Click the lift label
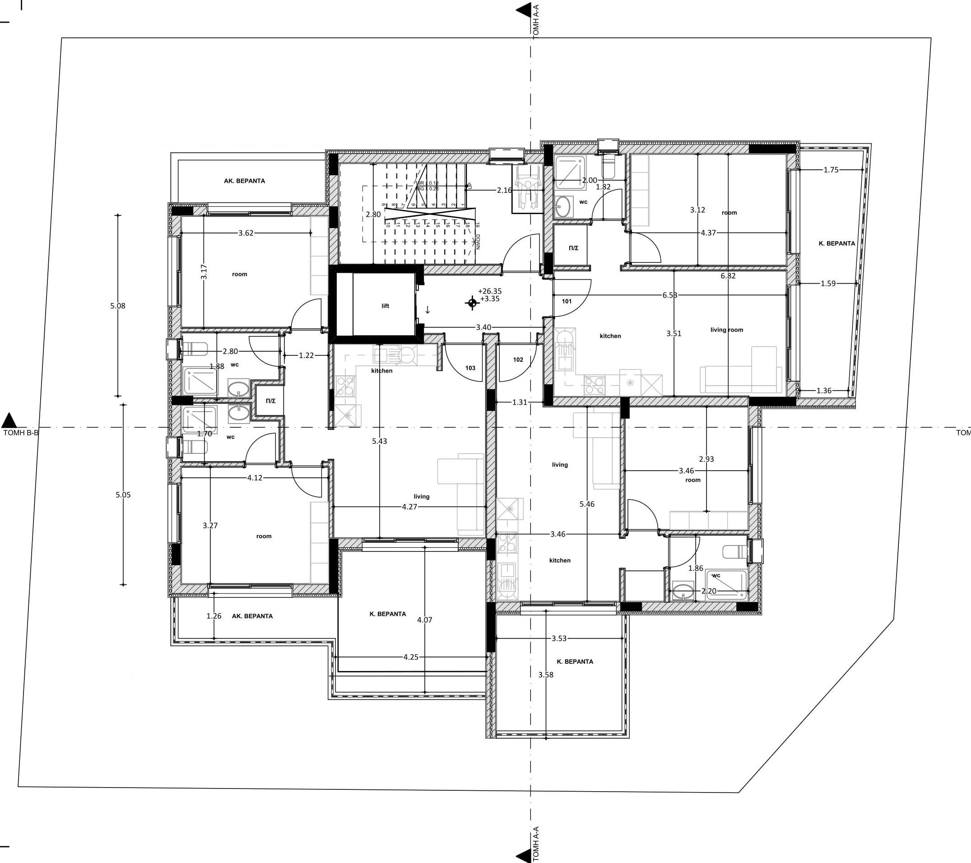click(385, 306)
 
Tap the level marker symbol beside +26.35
click(472, 303)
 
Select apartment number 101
click(567, 301)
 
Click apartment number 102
click(518, 360)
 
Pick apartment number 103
click(470, 368)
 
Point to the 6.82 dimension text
click(728, 275)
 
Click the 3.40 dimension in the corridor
click(483, 327)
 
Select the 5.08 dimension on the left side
click(118, 306)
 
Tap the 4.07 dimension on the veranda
click(425, 620)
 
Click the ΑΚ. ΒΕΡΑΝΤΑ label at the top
click(245, 181)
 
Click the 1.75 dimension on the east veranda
click(832, 170)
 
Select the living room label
click(727, 330)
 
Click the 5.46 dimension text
click(587, 504)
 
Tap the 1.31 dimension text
click(520, 402)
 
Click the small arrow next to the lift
click(427, 310)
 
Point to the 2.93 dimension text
click(706, 459)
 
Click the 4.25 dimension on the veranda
click(411, 657)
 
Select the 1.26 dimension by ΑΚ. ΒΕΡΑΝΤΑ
click(214, 616)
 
